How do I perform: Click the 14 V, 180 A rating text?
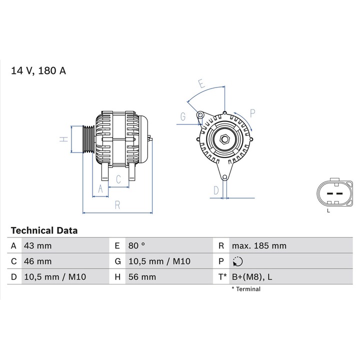(38, 70)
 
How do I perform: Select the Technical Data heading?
(44, 230)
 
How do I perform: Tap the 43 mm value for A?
(37, 246)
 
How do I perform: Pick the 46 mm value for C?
(37, 261)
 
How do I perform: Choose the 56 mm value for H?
(141, 277)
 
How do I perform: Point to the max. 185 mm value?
(259, 246)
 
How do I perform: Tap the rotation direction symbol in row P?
(237, 261)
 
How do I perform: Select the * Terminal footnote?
(245, 289)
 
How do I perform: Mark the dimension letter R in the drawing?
(117, 204)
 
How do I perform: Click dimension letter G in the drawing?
(183, 117)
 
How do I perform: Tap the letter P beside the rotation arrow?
(252, 112)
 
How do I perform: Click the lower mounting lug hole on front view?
(224, 177)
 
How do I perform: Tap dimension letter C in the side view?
(118, 179)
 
